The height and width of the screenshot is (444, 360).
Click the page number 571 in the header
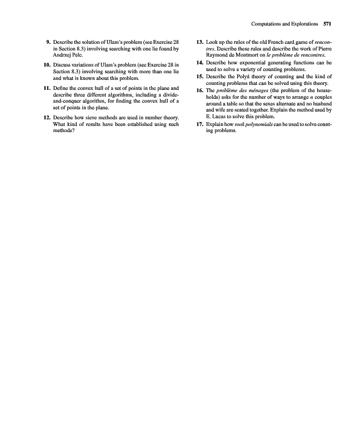[x=326, y=24]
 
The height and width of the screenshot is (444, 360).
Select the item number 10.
[x=47, y=66]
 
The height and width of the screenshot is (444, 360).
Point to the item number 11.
[x=47, y=89]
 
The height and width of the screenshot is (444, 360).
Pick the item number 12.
[x=47, y=118]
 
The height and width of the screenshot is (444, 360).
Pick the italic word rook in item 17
[x=242, y=125]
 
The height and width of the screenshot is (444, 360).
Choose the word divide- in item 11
[x=168, y=95]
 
